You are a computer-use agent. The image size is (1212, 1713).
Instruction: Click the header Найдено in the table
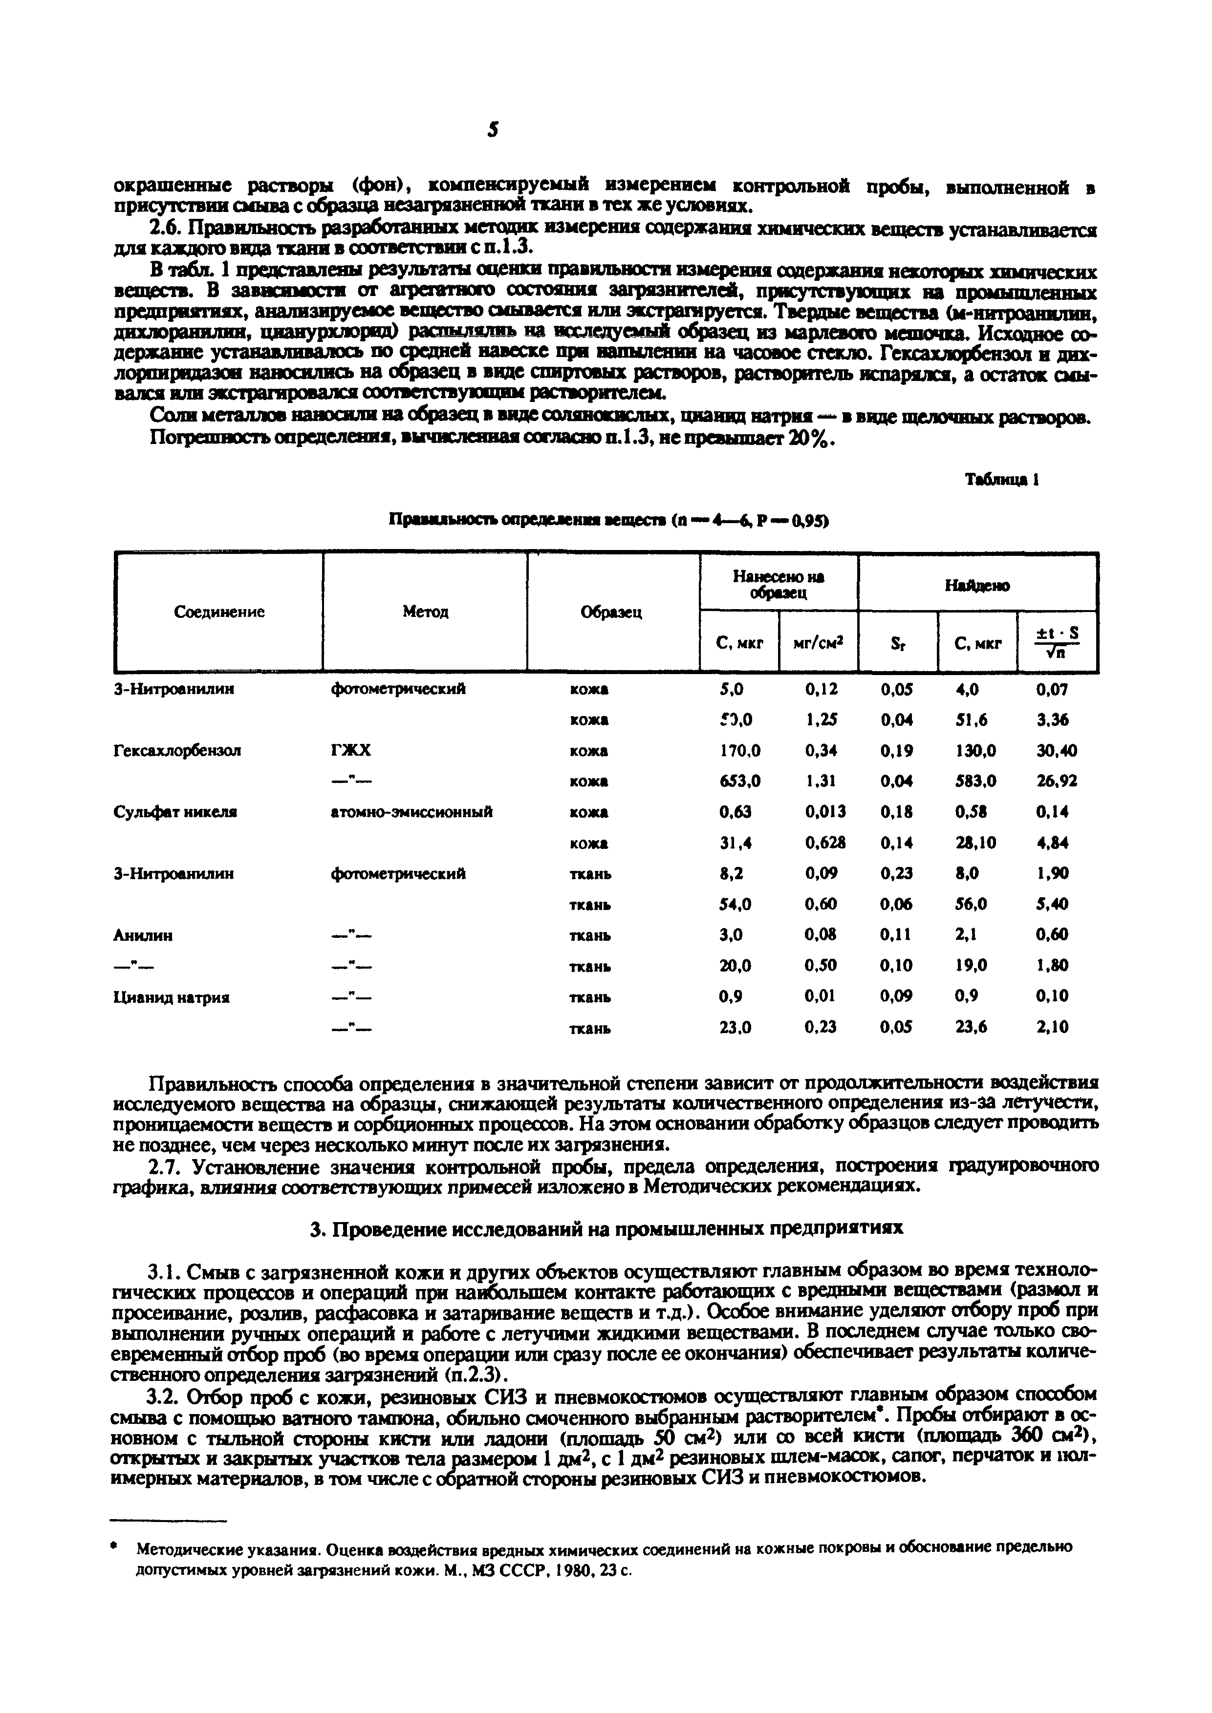tap(977, 586)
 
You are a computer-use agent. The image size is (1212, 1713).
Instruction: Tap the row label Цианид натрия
tap(172, 997)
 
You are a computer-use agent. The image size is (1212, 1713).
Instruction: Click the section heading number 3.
tap(315, 1227)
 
